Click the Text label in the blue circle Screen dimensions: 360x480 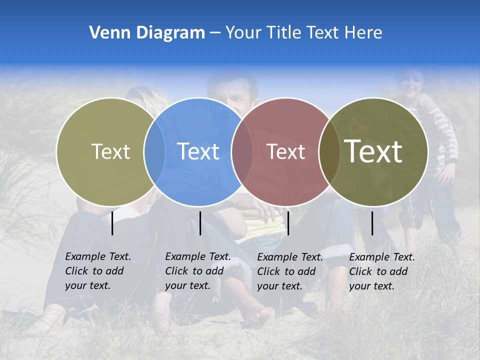(198, 151)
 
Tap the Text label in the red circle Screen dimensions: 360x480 (286, 151)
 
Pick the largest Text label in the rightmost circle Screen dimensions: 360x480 (373, 151)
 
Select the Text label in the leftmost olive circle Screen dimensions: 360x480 (111, 151)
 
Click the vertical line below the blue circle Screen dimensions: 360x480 (200, 223)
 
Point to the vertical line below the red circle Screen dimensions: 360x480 (288, 223)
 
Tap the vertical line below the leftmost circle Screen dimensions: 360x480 (112, 223)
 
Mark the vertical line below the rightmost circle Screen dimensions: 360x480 (372, 223)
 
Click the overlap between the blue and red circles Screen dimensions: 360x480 (242, 151)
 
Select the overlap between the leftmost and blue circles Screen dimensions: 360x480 (154, 151)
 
